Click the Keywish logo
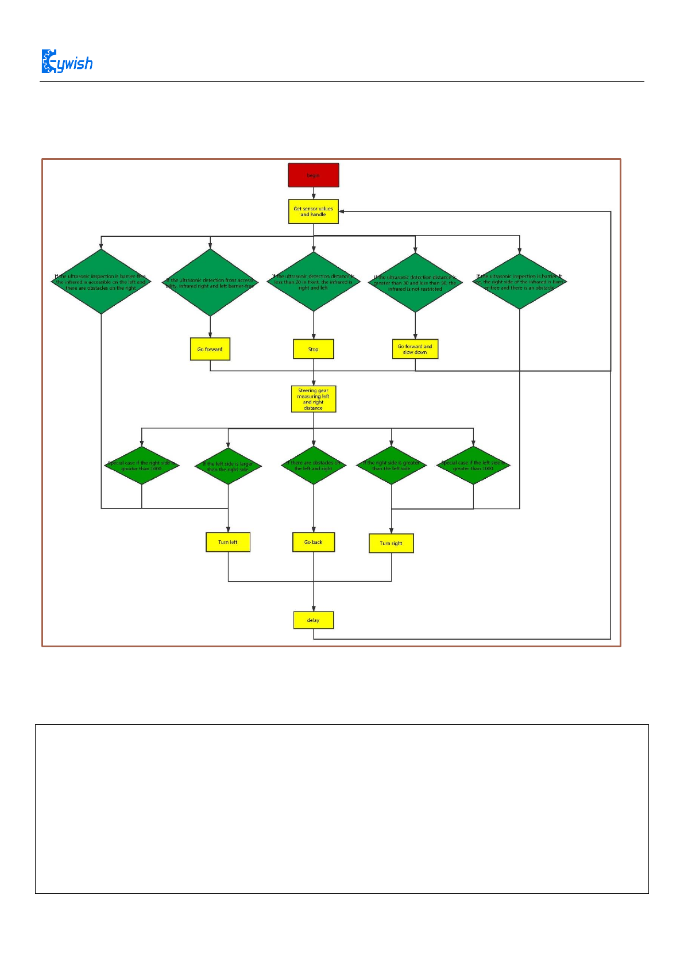tap(67, 62)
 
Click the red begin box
tap(314, 175)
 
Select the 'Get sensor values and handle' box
tap(314, 212)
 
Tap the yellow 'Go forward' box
tap(210, 349)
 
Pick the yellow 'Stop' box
tap(314, 349)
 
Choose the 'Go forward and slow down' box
tap(415, 349)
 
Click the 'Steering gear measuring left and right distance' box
tap(314, 399)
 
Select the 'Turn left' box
tap(228, 542)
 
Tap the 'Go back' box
tap(314, 542)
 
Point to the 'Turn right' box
tap(391, 543)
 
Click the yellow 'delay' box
tap(314, 620)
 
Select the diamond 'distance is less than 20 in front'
tap(314, 282)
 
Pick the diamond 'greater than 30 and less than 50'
tap(415, 283)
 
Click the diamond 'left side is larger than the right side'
tap(228, 466)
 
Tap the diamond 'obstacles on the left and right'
tap(314, 466)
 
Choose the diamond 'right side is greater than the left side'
tap(391, 466)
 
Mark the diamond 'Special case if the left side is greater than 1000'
tap(473, 466)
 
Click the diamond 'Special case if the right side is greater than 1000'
tap(142, 466)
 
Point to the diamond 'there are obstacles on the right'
tap(101, 282)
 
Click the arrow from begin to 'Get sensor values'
tap(314, 193)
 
